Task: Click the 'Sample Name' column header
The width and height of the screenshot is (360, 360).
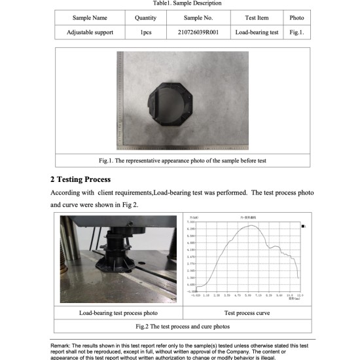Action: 90,18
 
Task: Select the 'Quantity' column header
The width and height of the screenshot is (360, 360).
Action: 145,18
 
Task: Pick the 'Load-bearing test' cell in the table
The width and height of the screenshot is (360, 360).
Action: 257,31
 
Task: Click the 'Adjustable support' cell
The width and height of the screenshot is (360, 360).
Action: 90,31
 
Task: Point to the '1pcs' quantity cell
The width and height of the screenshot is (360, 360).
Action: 145,31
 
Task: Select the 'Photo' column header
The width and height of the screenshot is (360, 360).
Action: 297,18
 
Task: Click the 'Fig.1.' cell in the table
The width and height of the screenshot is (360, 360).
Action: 297,31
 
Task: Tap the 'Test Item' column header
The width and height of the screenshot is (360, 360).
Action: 257,18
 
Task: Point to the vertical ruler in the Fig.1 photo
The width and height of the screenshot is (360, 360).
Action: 120,98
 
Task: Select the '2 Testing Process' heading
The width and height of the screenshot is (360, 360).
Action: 81,179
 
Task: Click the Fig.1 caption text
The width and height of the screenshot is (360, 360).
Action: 183,160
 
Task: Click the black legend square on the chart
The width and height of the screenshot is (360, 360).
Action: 302,225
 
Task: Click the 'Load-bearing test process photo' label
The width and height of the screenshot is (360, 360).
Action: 118,313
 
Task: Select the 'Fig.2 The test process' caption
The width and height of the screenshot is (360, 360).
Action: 183,326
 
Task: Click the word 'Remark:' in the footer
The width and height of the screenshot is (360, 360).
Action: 63,345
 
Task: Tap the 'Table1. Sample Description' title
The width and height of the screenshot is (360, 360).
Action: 183,3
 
